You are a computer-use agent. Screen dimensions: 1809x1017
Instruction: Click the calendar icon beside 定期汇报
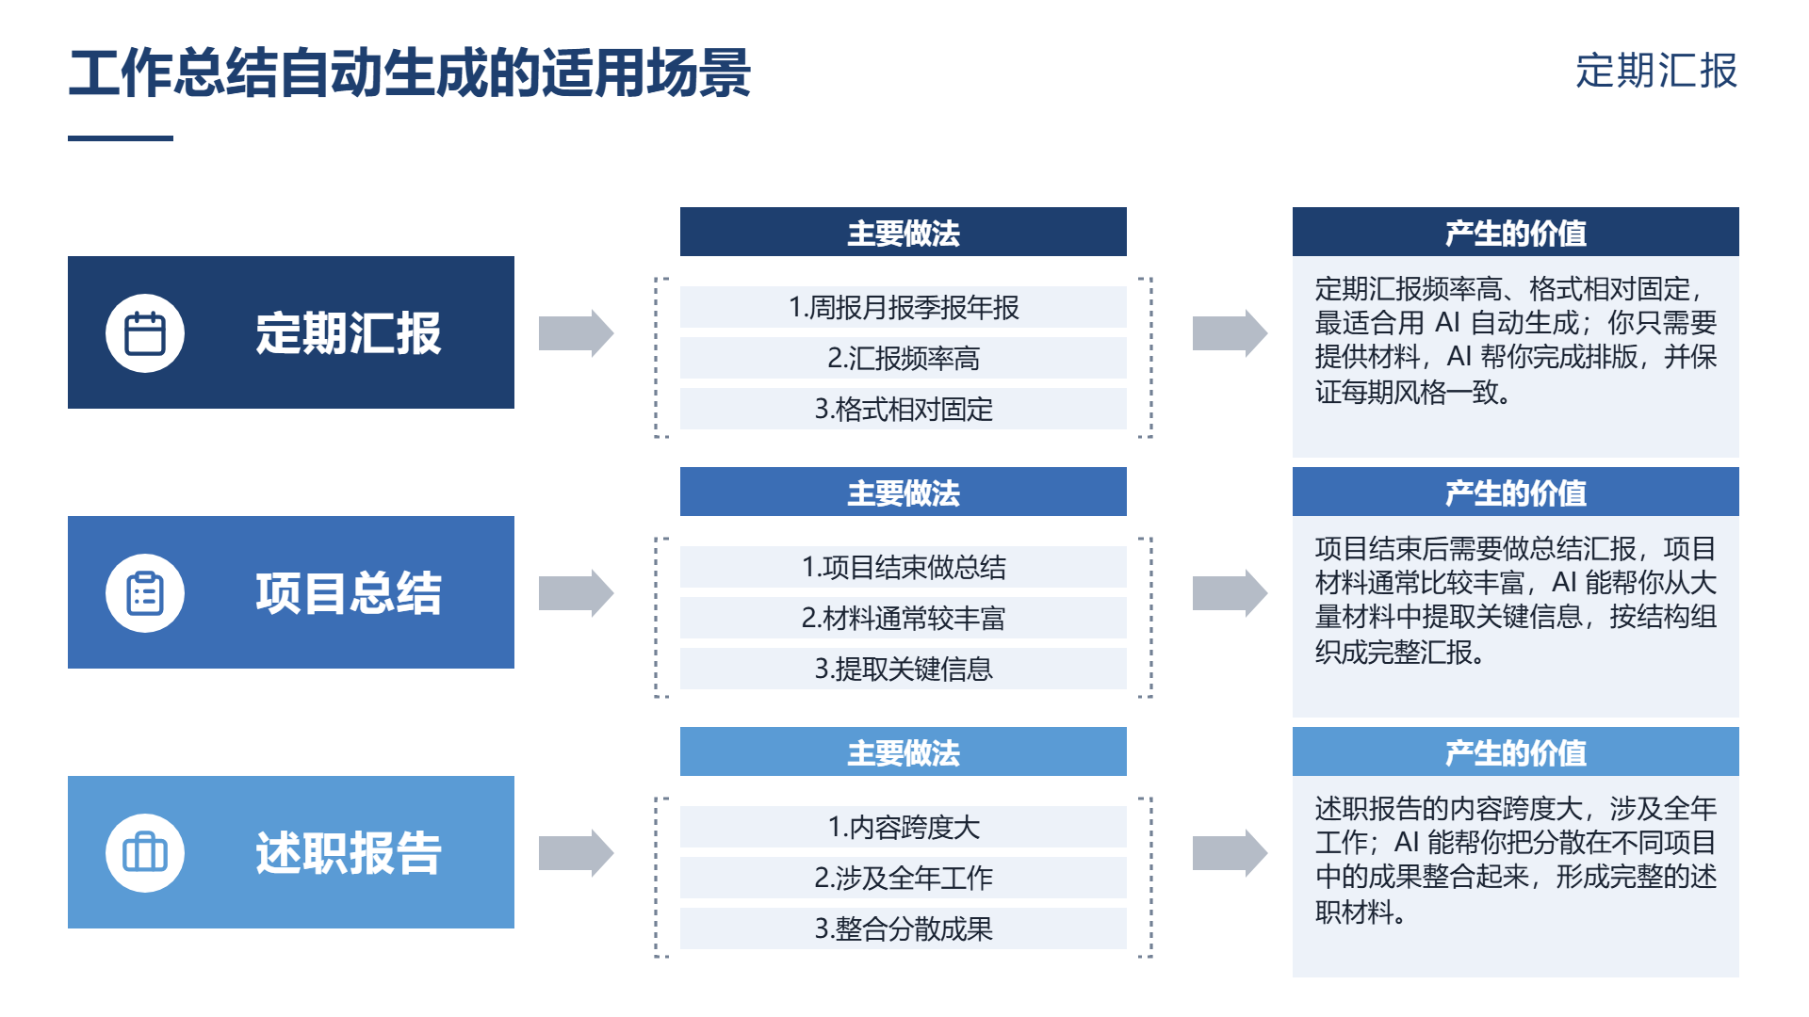point(145,332)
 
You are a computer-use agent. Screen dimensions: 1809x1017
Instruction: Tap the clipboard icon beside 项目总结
point(145,592)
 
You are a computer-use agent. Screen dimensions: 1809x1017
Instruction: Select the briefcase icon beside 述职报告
point(145,852)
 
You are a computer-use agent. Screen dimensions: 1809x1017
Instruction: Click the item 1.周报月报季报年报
point(904,307)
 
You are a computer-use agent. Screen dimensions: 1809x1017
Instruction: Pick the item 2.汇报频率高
point(904,358)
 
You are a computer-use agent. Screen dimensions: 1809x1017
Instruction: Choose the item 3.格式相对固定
point(904,409)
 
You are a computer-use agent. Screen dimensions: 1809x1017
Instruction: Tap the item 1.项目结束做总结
point(904,567)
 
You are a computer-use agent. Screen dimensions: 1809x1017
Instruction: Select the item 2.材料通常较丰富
point(904,618)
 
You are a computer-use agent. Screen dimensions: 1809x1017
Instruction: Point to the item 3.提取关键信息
point(904,669)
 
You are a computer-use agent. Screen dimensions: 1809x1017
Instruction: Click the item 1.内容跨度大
point(904,827)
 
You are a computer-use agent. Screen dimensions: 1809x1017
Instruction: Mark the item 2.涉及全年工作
point(904,878)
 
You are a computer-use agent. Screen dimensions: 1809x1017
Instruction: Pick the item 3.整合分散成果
point(904,928)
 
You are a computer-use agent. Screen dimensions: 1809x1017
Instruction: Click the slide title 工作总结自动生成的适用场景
point(410,73)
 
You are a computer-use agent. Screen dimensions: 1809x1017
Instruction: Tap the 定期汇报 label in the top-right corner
point(1656,71)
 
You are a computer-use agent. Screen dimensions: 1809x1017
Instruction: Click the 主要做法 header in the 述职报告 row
point(904,751)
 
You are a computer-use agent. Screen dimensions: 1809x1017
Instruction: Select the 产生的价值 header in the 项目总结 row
point(1516,492)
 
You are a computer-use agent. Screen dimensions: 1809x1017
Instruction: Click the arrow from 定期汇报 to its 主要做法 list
point(576,332)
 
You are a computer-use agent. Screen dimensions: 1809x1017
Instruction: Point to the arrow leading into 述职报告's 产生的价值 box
point(1230,852)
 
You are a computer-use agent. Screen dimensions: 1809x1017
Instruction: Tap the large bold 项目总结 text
point(349,592)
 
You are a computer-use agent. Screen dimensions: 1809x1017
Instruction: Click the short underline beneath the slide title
point(121,138)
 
